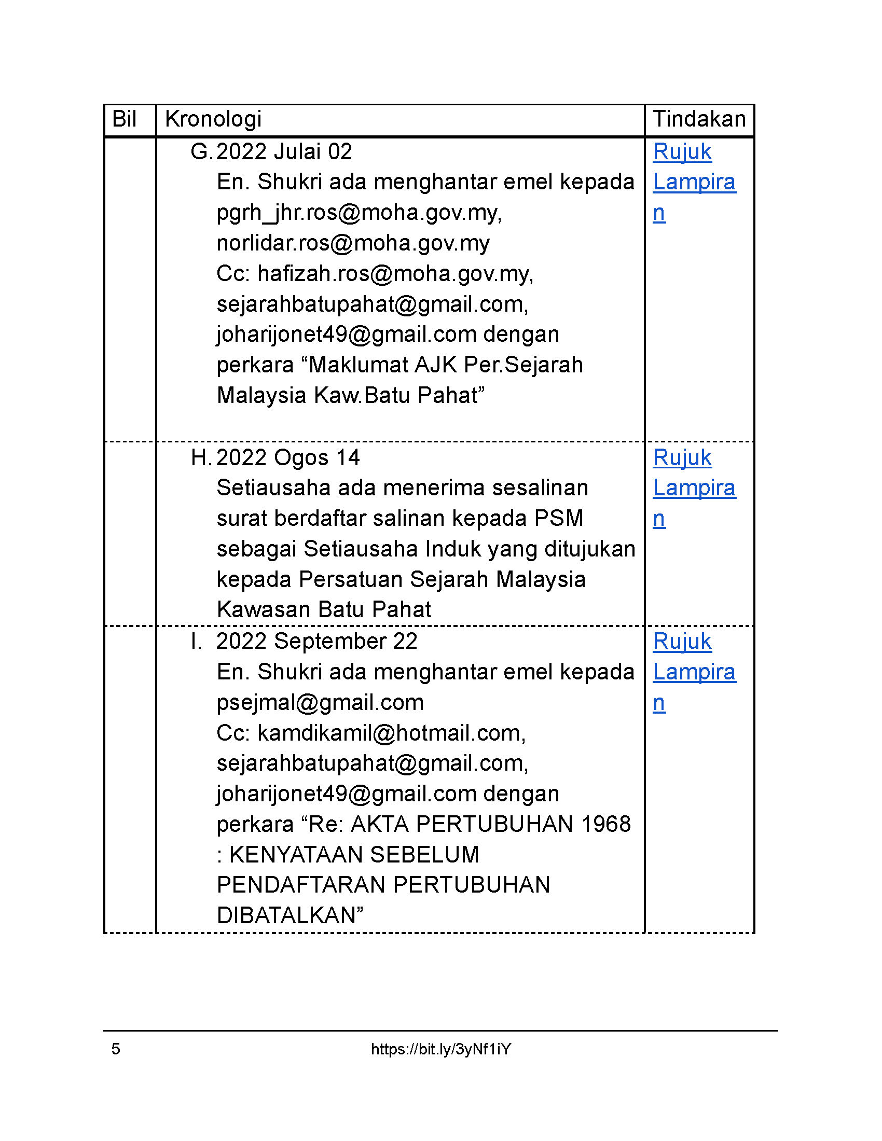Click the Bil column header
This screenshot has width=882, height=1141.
(x=124, y=120)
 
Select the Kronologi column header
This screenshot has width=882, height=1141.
(x=213, y=120)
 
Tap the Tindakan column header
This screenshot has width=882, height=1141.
(x=699, y=120)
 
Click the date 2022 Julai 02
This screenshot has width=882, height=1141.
(x=284, y=152)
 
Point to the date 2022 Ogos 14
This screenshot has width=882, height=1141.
(x=288, y=458)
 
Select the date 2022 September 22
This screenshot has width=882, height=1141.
(x=316, y=642)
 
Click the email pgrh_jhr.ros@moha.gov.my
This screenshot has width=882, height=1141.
(x=359, y=213)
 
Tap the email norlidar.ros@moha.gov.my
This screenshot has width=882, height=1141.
(x=353, y=243)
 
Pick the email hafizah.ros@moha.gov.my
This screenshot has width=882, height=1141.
(x=394, y=274)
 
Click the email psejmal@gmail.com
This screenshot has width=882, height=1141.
(x=320, y=703)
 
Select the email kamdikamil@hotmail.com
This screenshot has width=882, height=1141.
(x=391, y=733)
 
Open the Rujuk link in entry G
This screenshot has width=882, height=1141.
(x=682, y=152)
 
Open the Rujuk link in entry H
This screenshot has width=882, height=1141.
(x=682, y=458)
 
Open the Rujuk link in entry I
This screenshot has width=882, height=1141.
(x=682, y=642)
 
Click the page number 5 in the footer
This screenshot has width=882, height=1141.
(x=116, y=1049)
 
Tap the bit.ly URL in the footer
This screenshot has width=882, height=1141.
(x=440, y=1049)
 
